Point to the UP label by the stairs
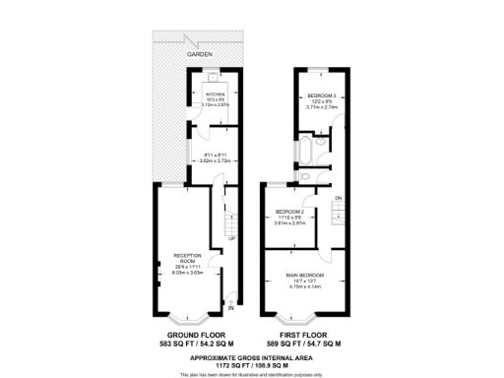click(230, 238)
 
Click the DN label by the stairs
click(338, 199)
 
